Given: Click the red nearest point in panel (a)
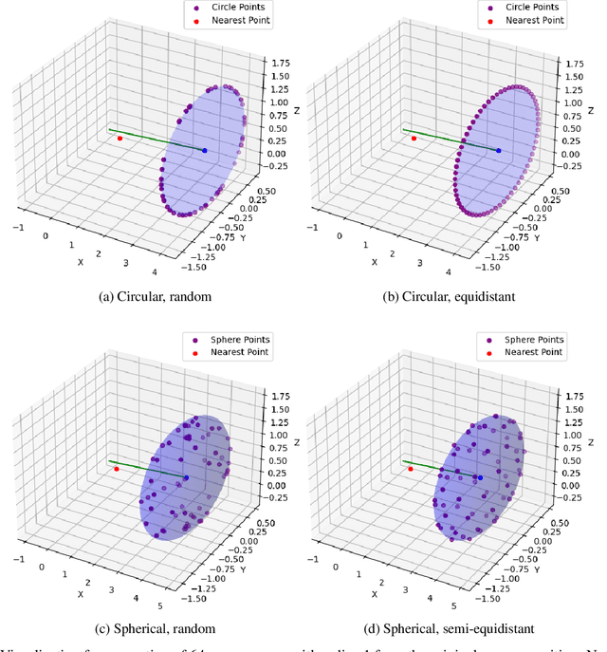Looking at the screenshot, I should click(120, 139).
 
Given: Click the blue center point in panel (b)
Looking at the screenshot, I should click(498, 150).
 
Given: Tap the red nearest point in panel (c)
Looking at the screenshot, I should click(116, 469).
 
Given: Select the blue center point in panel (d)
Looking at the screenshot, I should click(480, 478).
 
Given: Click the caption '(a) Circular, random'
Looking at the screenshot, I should click(156, 297).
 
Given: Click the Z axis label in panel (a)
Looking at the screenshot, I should click(295, 110).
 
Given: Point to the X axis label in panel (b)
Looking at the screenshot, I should click(374, 262).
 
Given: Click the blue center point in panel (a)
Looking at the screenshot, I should click(204, 150).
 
